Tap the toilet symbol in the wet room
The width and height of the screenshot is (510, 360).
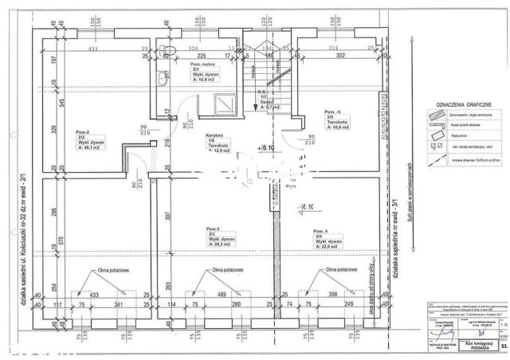pyautogui.click(x=167, y=50)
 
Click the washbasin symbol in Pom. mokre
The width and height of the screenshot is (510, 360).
pyautogui.click(x=162, y=78)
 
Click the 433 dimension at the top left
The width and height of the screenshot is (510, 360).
pyautogui.click(x=92, y=49)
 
